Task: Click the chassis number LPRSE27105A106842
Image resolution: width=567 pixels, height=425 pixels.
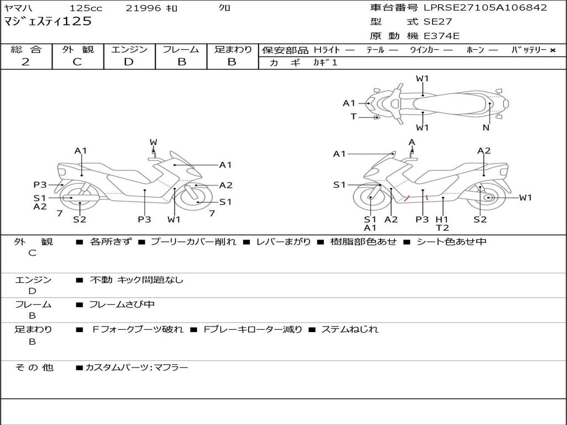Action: [x=485, y=8]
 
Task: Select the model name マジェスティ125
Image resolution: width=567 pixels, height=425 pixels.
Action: [x=48, y=22]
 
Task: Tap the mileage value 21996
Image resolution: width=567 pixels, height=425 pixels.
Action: [x=143, y=8]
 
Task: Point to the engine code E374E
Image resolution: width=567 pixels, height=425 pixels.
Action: [x=441, y=37]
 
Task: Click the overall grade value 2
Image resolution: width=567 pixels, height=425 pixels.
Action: [x=25, y=62]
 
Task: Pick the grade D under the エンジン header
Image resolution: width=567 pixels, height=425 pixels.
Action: [x=129, y=62]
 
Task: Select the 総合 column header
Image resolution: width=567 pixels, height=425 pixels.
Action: [x=26, y=50]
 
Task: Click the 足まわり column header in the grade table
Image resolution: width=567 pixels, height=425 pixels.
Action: [x=233, y=50]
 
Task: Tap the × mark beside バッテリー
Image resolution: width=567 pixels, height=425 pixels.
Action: [x=553, y=50]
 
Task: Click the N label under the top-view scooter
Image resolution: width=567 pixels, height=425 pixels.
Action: [x=486, y=128]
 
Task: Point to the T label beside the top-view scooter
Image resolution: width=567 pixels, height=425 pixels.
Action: [x=353, y=117]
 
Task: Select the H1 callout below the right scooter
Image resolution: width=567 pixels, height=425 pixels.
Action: [x=442, y=219]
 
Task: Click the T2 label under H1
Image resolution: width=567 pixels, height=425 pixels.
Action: [x=442, y=228]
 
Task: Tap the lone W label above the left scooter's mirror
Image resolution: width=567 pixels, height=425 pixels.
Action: [x=153, y=142]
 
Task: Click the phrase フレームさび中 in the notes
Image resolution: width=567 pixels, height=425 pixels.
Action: [x=122, y=304]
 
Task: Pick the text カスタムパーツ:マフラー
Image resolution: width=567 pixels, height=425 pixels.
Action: [x=136, y=367]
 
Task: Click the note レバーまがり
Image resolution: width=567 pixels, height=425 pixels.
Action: [x=282, y=242]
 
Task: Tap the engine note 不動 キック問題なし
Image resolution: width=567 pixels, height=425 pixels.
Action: [x=136, y=280]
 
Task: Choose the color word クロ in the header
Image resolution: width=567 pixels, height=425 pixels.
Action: [x=225, y=8]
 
